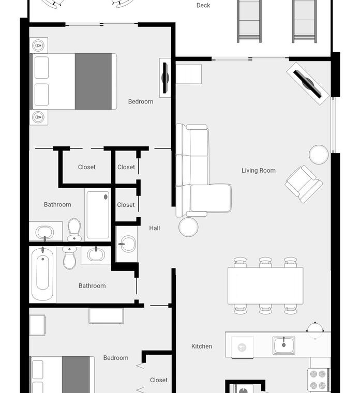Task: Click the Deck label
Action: point(203,5)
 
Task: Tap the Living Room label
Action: point(259,171)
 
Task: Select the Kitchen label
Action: point(202,346)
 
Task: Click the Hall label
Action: point(155,228)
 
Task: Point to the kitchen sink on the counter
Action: point(284,345)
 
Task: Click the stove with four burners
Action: point(318,380)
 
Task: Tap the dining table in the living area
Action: point(265,286)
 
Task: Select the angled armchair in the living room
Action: point(304,184)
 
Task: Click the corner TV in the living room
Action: point(308,84)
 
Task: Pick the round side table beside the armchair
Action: point(319,155)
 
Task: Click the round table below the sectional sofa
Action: point(188,227)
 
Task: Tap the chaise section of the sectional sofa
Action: point(211,198)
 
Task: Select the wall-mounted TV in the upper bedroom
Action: point(165,78)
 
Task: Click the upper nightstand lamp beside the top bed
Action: point(38,46)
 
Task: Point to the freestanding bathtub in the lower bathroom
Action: point(42,274)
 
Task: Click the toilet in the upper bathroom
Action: point(74,229)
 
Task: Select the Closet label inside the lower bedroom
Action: point(159,380)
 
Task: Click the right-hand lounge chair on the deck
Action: point(304,21)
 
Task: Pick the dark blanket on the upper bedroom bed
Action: point(93,82)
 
